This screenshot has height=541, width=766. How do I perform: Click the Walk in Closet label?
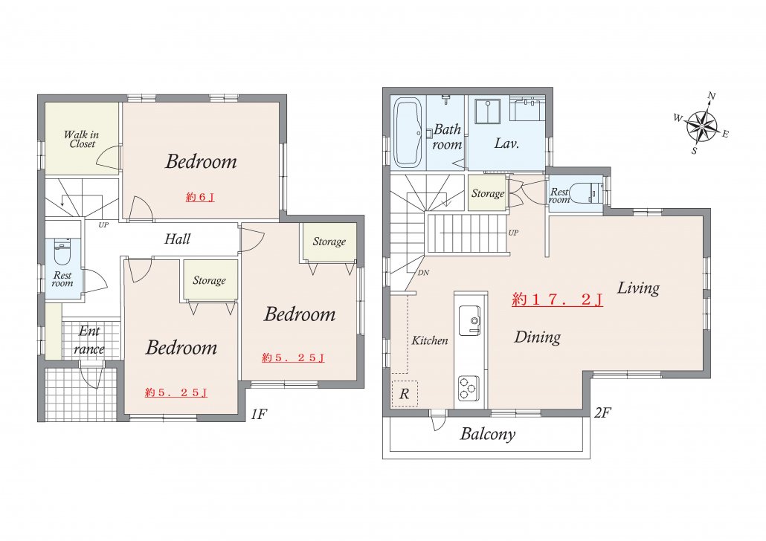[x=82, y=139]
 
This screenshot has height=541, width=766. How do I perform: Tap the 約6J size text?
[x=200, y=197]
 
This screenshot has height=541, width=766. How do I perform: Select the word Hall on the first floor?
[x=177, y=239]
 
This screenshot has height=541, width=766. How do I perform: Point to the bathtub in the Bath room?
[x=408, y=132]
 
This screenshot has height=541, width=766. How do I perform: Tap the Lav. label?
[x=506, y=143]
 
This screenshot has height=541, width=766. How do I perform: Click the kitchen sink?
[x=470, y=320]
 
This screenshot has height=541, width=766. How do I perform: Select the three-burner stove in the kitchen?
[x=468, y=388]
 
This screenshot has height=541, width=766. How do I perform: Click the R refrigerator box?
[x=405, y=394]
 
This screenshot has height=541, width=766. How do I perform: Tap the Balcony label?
[x=488, y=433]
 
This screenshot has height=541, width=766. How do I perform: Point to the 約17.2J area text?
[x=558, y=299]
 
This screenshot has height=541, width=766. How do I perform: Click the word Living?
[x=639, y=288]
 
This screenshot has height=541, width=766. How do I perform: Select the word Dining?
[x=538, y=337]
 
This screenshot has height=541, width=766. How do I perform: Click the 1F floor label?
[x=259, y=415]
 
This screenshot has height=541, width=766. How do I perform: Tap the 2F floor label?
[x=603, y=413]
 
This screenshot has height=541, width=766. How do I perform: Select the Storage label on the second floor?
[x=488, y=193]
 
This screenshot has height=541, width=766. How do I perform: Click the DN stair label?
[x=424, y=273]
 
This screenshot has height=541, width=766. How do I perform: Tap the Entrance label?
[x=89, y=340]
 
